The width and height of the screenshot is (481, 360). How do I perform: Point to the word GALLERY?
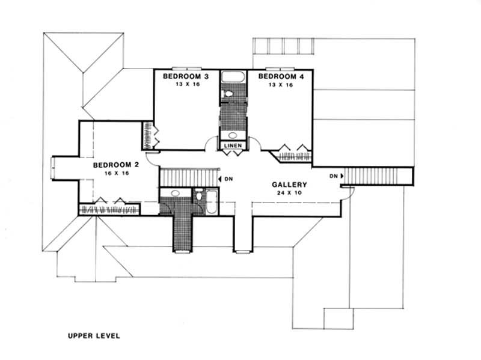289,185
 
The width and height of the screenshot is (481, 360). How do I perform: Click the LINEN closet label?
233,146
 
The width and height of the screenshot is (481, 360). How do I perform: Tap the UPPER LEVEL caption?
94,336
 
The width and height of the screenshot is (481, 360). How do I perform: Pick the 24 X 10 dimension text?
289,194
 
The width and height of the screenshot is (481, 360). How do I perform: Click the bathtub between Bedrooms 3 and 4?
232,77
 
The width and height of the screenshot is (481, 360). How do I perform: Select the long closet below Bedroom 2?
109,209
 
